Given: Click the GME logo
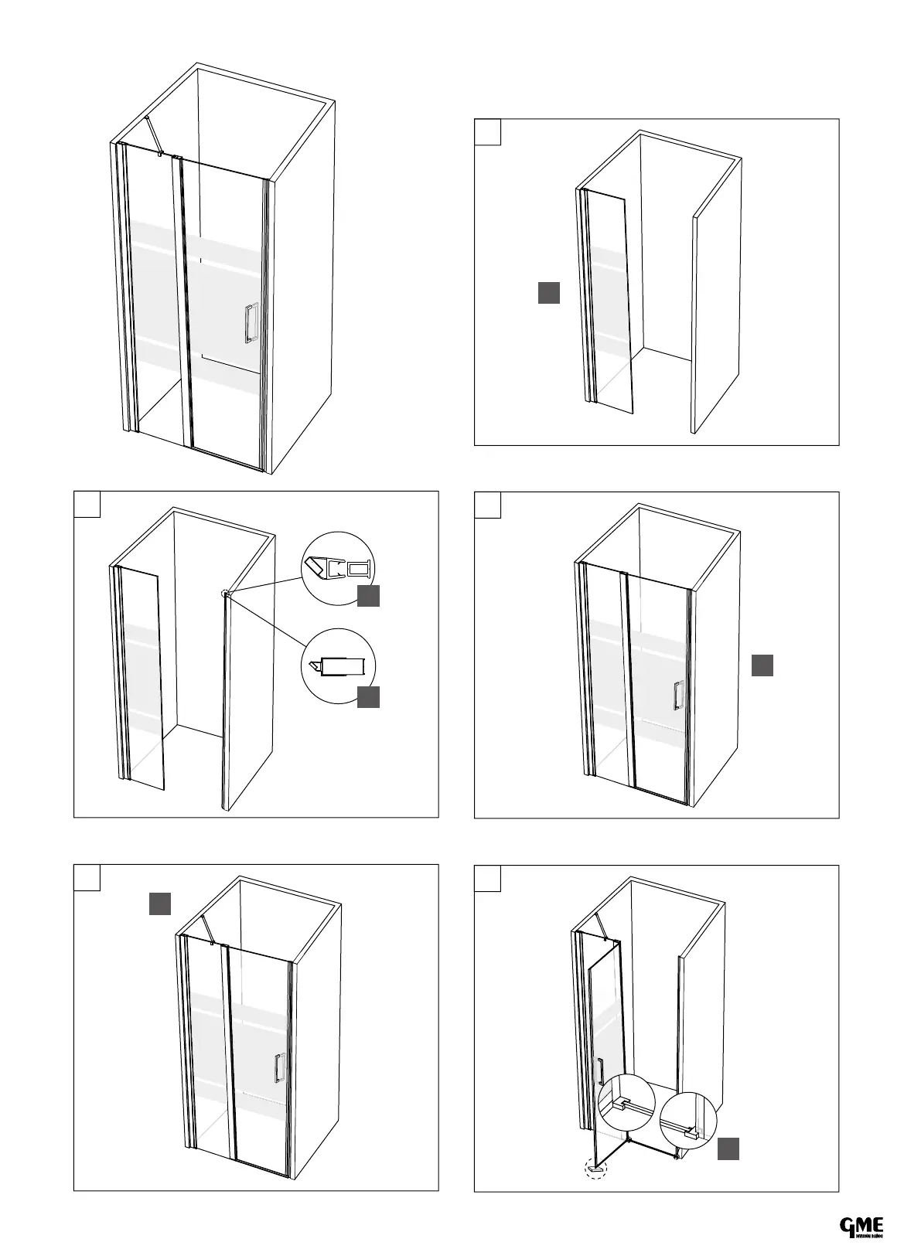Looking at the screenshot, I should [x=861, y=1226].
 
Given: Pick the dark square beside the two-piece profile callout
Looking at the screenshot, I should [x=369, y=596].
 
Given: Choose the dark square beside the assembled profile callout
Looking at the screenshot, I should [x=369, y=696].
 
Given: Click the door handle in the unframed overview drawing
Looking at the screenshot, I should [x=250, y=323].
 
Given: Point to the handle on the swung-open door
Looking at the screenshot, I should [x=599, y=1071].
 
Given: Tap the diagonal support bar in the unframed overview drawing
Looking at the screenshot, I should [x=152, y=135].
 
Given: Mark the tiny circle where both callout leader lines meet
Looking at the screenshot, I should [x=225, y=594].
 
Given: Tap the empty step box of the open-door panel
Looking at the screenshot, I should [x=487, y=878].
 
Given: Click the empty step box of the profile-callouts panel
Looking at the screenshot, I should [x=87, y=504].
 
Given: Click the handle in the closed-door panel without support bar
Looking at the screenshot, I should [x=677, y=696].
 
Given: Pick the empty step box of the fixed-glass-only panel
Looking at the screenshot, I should [x=487, y=131].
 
